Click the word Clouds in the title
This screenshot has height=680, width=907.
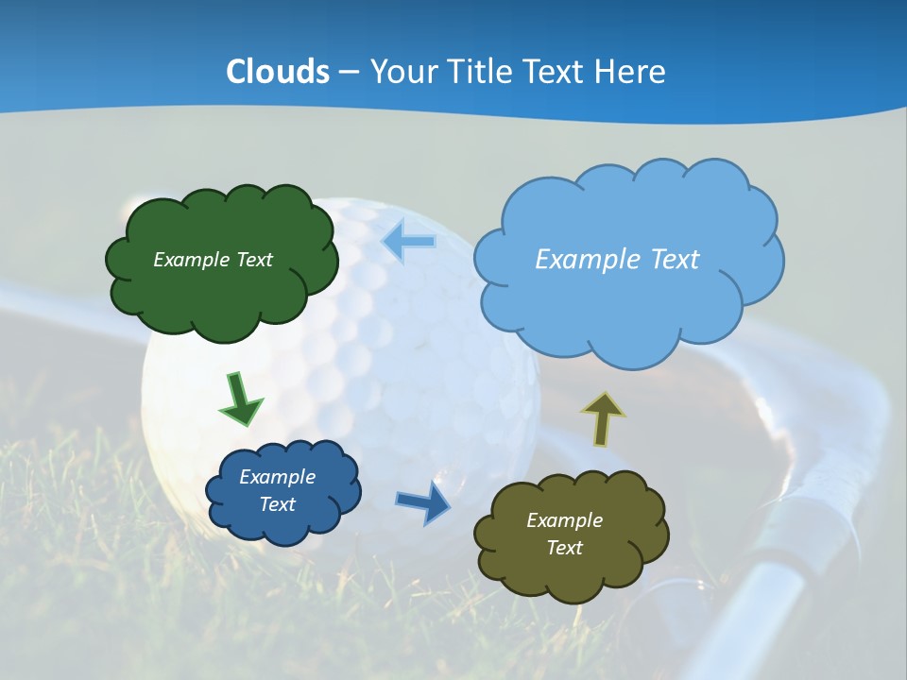click(278, 72)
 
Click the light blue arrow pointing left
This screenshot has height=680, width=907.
click(409, 242)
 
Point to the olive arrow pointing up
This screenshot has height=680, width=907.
click(602, 419)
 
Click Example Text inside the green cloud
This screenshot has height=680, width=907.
click(213, 260)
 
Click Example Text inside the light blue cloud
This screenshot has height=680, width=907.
click(617, 260)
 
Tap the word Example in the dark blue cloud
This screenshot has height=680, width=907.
click(277, 477)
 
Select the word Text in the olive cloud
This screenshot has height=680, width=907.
click(564, 548)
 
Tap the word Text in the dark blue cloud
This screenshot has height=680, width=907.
click(277, 504)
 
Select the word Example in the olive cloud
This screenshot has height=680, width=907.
click(564, 520)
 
